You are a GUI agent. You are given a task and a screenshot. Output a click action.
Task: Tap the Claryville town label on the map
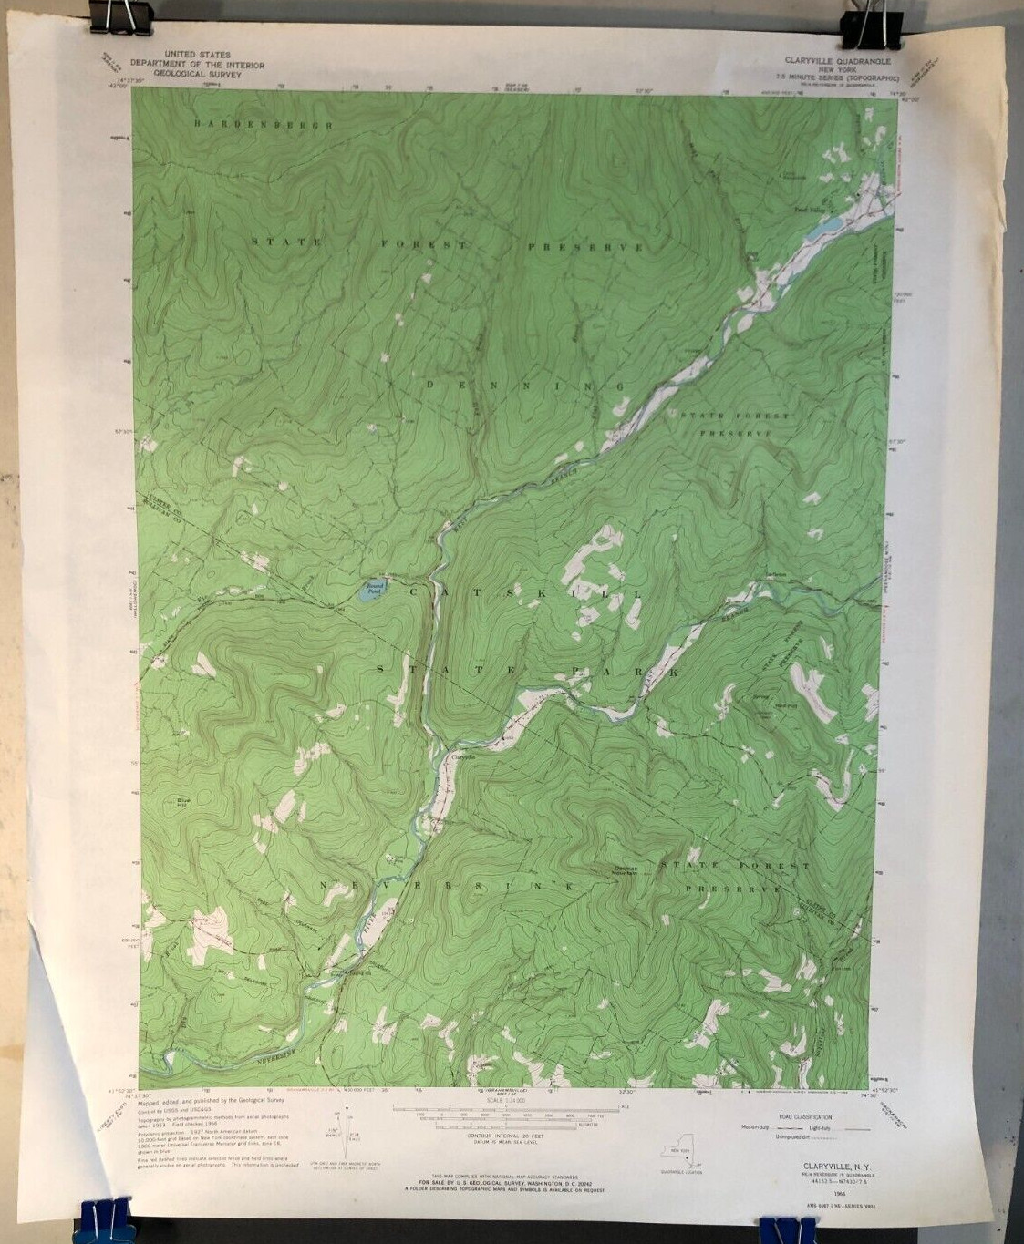point(463,756)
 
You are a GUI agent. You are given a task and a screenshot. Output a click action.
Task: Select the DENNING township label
point(524,387)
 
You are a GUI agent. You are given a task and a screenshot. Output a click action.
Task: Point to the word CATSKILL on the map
point(518,593)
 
